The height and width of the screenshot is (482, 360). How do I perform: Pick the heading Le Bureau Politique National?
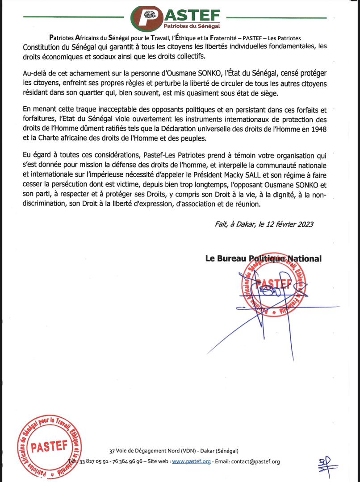point(263,258)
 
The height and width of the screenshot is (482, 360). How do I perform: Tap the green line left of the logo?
point(72,17)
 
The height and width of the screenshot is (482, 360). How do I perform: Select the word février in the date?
point(281,224)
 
